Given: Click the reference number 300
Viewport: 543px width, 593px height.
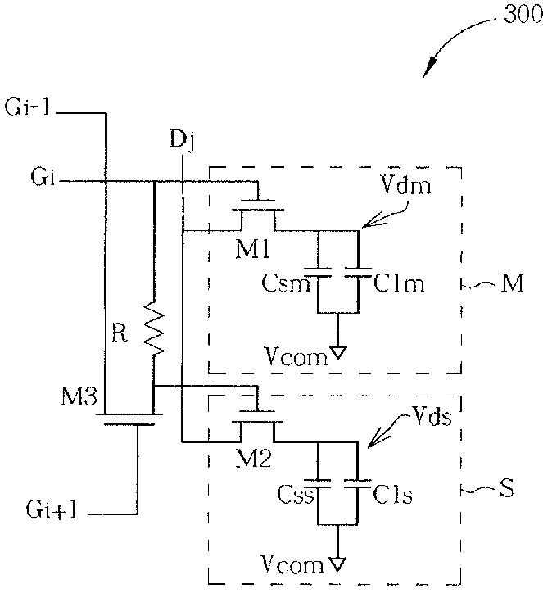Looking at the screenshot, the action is coord(523,15).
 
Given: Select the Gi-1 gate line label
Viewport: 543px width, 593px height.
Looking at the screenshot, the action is coord(27,107).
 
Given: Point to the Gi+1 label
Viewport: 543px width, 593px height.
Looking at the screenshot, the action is coord(52,509).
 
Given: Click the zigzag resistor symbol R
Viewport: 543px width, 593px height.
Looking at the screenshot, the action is coord(154,328).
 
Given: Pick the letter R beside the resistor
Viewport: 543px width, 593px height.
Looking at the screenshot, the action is coord(120,333).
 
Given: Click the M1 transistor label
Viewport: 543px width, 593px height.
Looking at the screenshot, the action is coord(252,249).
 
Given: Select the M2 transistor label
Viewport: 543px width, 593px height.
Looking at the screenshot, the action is coord(252,459).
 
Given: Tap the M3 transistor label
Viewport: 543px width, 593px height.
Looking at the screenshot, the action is coord(79,397).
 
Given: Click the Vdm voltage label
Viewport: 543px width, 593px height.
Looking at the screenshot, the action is coord(405,185).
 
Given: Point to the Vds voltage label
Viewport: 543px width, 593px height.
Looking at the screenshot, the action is coord(432,417).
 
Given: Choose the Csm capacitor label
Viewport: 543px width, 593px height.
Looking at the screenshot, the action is coord(286,283).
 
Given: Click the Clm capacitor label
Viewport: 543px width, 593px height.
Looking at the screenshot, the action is coord(399,283).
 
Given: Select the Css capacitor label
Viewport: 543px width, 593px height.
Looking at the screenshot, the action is coord(296,494).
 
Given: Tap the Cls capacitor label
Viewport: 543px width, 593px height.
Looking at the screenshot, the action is coord(392,494).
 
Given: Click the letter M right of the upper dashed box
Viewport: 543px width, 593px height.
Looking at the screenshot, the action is coord(512,283).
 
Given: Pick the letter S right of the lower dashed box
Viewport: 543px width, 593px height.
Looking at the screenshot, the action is coord(507,487).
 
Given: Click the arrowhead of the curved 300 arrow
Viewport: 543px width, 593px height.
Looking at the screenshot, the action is coord(428,69).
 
